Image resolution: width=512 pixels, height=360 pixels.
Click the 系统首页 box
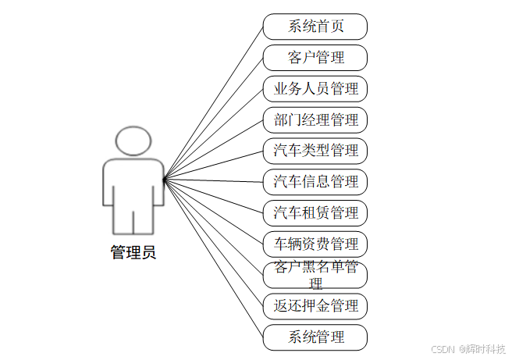pos(315,27)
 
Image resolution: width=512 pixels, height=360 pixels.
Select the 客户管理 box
pos(315,58)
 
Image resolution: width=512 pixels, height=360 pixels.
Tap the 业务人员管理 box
pos(315,89)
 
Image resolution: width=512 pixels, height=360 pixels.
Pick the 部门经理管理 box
pos(315,120)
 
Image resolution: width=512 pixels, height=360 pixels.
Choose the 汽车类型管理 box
pos(315,151)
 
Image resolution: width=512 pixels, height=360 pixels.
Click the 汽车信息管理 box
pos(315,182)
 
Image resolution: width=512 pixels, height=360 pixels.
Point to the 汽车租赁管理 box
pos(315,213)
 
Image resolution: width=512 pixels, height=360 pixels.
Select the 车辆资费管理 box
pos(315,244)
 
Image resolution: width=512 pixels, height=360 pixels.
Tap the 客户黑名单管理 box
pos(315,274)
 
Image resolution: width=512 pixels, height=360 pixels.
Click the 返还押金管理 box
pos(315,305)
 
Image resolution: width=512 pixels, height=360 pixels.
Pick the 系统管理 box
pos(315,337)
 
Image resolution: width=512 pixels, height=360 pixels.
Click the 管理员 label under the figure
pos(133,252)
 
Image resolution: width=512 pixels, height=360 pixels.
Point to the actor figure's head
pos(133,141)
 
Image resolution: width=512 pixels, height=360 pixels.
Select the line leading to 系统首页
pos(212,104)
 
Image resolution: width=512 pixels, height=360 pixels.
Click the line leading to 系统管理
pos(212,258)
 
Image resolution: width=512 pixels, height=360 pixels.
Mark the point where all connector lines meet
pos(163,180)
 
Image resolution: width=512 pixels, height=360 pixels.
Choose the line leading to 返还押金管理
pos(212,242)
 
